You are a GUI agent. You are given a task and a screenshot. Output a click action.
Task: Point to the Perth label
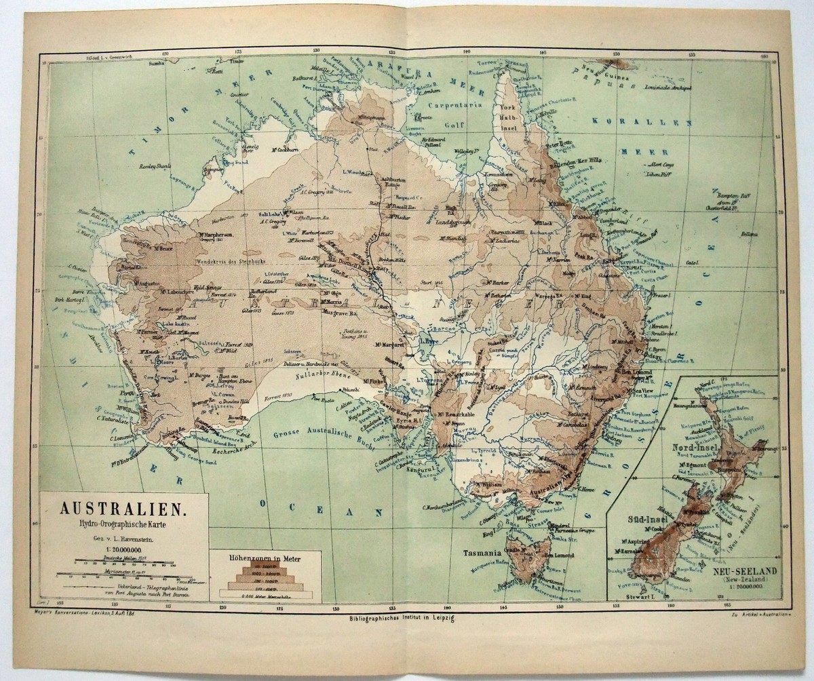pyautogui.click(x=125, y=391)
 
